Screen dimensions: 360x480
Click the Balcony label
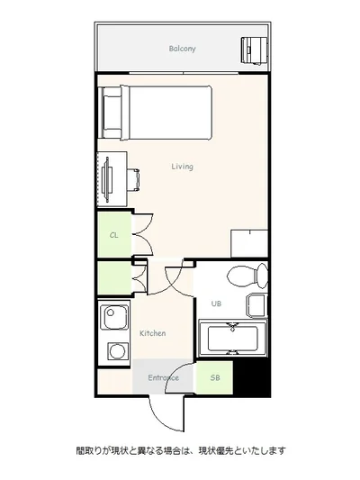click(182, 49)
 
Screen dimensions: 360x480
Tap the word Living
click(182, 167)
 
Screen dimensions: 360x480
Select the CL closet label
click(113, 235)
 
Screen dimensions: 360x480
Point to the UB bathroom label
click(216, 303)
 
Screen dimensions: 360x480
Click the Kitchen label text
click(153, 333)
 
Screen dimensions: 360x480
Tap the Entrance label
click(163, 377)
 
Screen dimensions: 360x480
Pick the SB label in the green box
click(215, 377)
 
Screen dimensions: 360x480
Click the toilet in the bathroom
click(247, 276)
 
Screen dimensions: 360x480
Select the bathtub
click(232, 339)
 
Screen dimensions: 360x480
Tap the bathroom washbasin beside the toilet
click(256, 305)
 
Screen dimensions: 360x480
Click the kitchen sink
click(114, 317)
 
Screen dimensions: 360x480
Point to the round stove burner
click(118, 351)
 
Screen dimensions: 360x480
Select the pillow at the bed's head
click(112, 113)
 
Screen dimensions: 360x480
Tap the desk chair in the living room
click(133, 180)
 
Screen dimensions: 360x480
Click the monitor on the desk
click(107, 179)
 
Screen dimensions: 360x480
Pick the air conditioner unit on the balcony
click(255, 50)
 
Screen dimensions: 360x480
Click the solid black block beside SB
click(251, 378)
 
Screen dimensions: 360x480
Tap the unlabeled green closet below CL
click(114, 278)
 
